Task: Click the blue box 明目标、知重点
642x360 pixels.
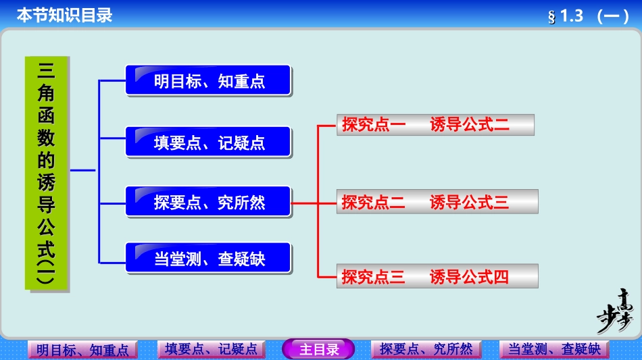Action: click(208, 80)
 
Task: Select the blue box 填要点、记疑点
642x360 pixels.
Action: click(208, 143)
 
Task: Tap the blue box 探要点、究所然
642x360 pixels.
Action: click(208, 201)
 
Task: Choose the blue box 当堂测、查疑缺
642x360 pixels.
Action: click(208, 258)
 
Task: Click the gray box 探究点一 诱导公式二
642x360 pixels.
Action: click(435, 124)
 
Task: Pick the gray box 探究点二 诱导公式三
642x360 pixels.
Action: click(437, 201)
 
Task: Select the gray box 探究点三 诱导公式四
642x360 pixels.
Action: click(437, 276)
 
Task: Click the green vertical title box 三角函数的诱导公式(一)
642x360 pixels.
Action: click(47, 173)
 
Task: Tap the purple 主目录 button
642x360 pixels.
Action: click(318, 349)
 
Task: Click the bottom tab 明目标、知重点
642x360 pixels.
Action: click(82, 350)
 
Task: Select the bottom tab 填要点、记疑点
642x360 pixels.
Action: click(211, 349)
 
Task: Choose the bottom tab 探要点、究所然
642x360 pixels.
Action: click(426, 349)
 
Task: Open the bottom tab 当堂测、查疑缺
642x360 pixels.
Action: click(554, 349)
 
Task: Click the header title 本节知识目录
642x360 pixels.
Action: click(64, 16)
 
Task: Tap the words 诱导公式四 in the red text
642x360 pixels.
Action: click(469, 276)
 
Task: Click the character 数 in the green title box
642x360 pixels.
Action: click(47, 137)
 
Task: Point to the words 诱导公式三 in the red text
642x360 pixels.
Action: click(469, 201)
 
